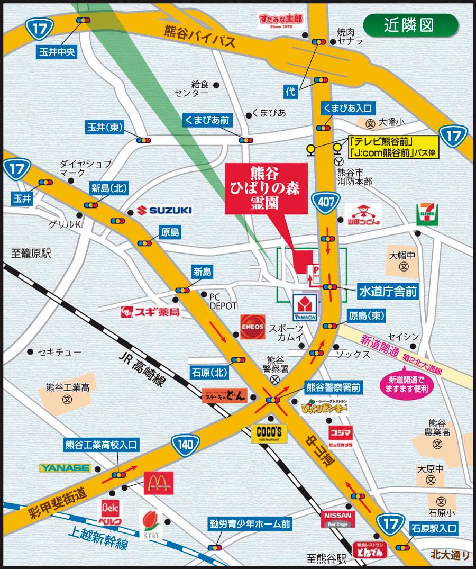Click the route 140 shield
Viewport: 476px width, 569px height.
point(185,445)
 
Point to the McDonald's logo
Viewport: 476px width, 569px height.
point(158,483)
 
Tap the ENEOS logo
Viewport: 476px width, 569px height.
point(252,327)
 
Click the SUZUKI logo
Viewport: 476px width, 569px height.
point(164,210)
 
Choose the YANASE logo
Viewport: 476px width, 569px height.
point(66,468)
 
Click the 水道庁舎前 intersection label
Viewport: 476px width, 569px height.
point(388,291)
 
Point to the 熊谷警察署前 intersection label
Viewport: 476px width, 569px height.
point(333,388)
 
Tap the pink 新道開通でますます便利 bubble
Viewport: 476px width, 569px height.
point(406,384)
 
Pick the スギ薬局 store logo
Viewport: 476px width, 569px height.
point(150,312)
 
